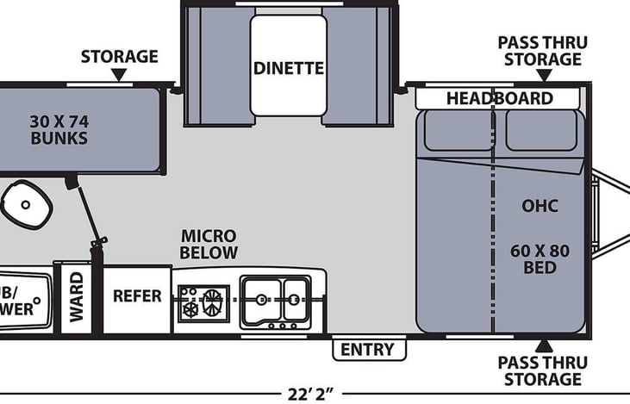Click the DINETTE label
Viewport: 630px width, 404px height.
click(x=289, y=67)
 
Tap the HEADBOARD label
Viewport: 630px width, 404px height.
click(x=498, y=98)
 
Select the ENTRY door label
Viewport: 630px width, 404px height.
click(x=368, y=349)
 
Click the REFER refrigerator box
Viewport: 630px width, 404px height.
click(x=137, y=295)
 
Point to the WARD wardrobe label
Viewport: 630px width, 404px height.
click(x=77, y=297)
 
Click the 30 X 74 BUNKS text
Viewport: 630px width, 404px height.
click(x=59, y=128)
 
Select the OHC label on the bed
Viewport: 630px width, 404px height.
click(x=540, y=206)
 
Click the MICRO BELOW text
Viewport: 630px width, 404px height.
click(x=209, y=244)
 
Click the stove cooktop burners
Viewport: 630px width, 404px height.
click(x=202, y=302)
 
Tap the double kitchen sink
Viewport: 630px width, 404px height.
click(x=274, y=301)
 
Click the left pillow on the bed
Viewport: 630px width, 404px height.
click(x=457, y=130)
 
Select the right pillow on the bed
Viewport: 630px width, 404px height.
click(x=540, y=130)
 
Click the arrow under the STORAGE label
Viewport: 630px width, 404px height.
click(x=119, y=77)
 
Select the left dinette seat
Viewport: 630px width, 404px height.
click(x=217, y=65)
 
